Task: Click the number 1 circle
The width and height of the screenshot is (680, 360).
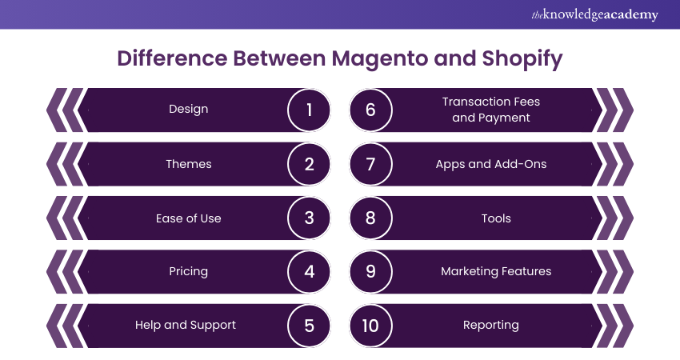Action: [x=309, y=110]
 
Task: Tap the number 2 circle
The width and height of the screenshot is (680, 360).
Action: [x=309, y=164]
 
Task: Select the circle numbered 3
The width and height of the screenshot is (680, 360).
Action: [x=309, y=218]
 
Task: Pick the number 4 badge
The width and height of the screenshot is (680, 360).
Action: [x=309, y=271]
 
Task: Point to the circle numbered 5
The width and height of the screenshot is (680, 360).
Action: [x=309, y=326]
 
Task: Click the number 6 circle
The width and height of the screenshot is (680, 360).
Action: [x=370, y=110]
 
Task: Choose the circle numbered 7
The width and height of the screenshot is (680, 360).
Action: [x=370, y=164]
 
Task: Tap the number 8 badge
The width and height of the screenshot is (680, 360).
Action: [x=370, y=218]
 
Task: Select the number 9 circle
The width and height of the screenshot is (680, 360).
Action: [x=370, y=271]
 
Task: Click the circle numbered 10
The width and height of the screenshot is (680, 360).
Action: [x=370, y=326]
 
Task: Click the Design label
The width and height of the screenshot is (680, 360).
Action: [x=189, y=109]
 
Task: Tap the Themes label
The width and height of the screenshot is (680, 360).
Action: [x=189, y=164]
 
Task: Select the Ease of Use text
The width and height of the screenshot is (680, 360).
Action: [x=189, y=218]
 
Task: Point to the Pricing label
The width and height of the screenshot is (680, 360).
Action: [x=189, y=271]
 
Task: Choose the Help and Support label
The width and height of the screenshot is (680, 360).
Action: [x=186, y=325]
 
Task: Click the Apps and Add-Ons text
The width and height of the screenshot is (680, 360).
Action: [x=491, y=164]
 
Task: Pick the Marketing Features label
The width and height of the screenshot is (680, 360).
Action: [x=496, y=271]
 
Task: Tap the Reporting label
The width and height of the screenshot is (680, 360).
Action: [x=491, y=325]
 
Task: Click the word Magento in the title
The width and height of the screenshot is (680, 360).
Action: [x=381, y=59]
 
